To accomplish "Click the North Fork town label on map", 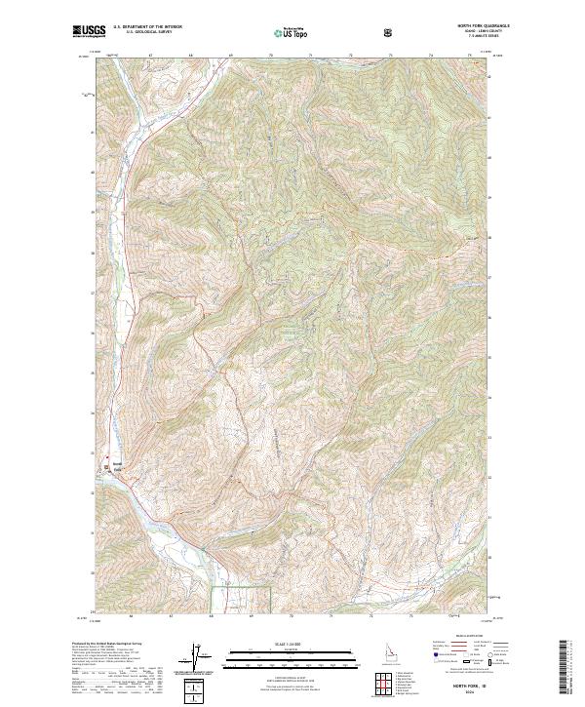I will pyautogui.click(x=118, y=467).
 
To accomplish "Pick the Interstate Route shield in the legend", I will pyautogui.click(x=425, y=660).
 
